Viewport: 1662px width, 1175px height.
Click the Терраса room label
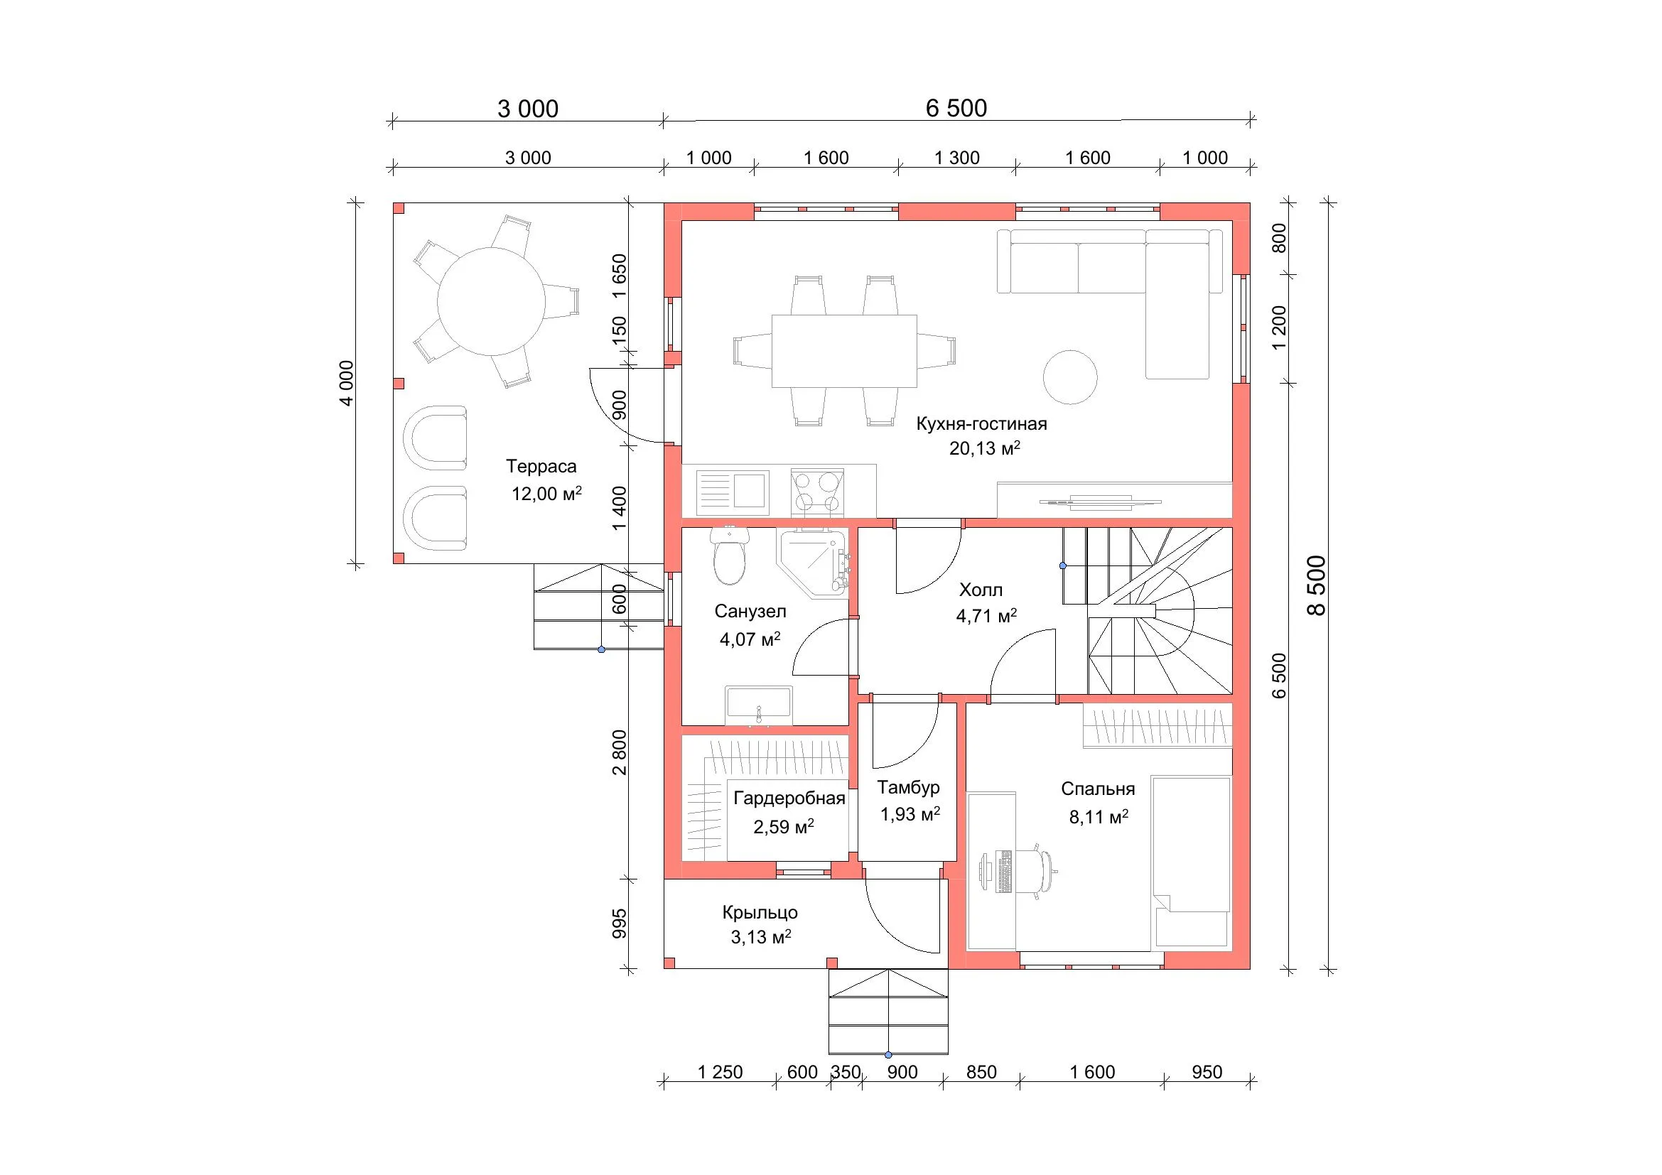point(541,467)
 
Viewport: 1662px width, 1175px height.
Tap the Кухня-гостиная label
point(981,423)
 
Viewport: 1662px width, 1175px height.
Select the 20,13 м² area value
point(984,448)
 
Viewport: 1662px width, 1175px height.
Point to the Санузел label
point(750,612)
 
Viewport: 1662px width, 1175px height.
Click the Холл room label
point(981,590)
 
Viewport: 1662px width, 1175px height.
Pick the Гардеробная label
point(789,798)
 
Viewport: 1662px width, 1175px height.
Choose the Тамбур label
point(909,787)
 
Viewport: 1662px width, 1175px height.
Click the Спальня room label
point(1097,789)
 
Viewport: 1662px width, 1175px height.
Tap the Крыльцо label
point(760,912)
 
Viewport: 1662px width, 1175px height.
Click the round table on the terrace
point(491,301)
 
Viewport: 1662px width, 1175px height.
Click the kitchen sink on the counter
point(733,492)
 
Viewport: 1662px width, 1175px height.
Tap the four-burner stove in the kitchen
point(818,492)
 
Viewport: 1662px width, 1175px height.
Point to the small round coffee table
point(1070,377)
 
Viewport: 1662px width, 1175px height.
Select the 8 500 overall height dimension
point(1317,585)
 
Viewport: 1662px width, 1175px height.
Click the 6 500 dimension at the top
point(956,109)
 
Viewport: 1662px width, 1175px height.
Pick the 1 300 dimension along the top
point(957,158)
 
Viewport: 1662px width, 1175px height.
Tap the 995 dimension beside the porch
point(620,924)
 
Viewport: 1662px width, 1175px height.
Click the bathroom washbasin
point(759,705)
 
